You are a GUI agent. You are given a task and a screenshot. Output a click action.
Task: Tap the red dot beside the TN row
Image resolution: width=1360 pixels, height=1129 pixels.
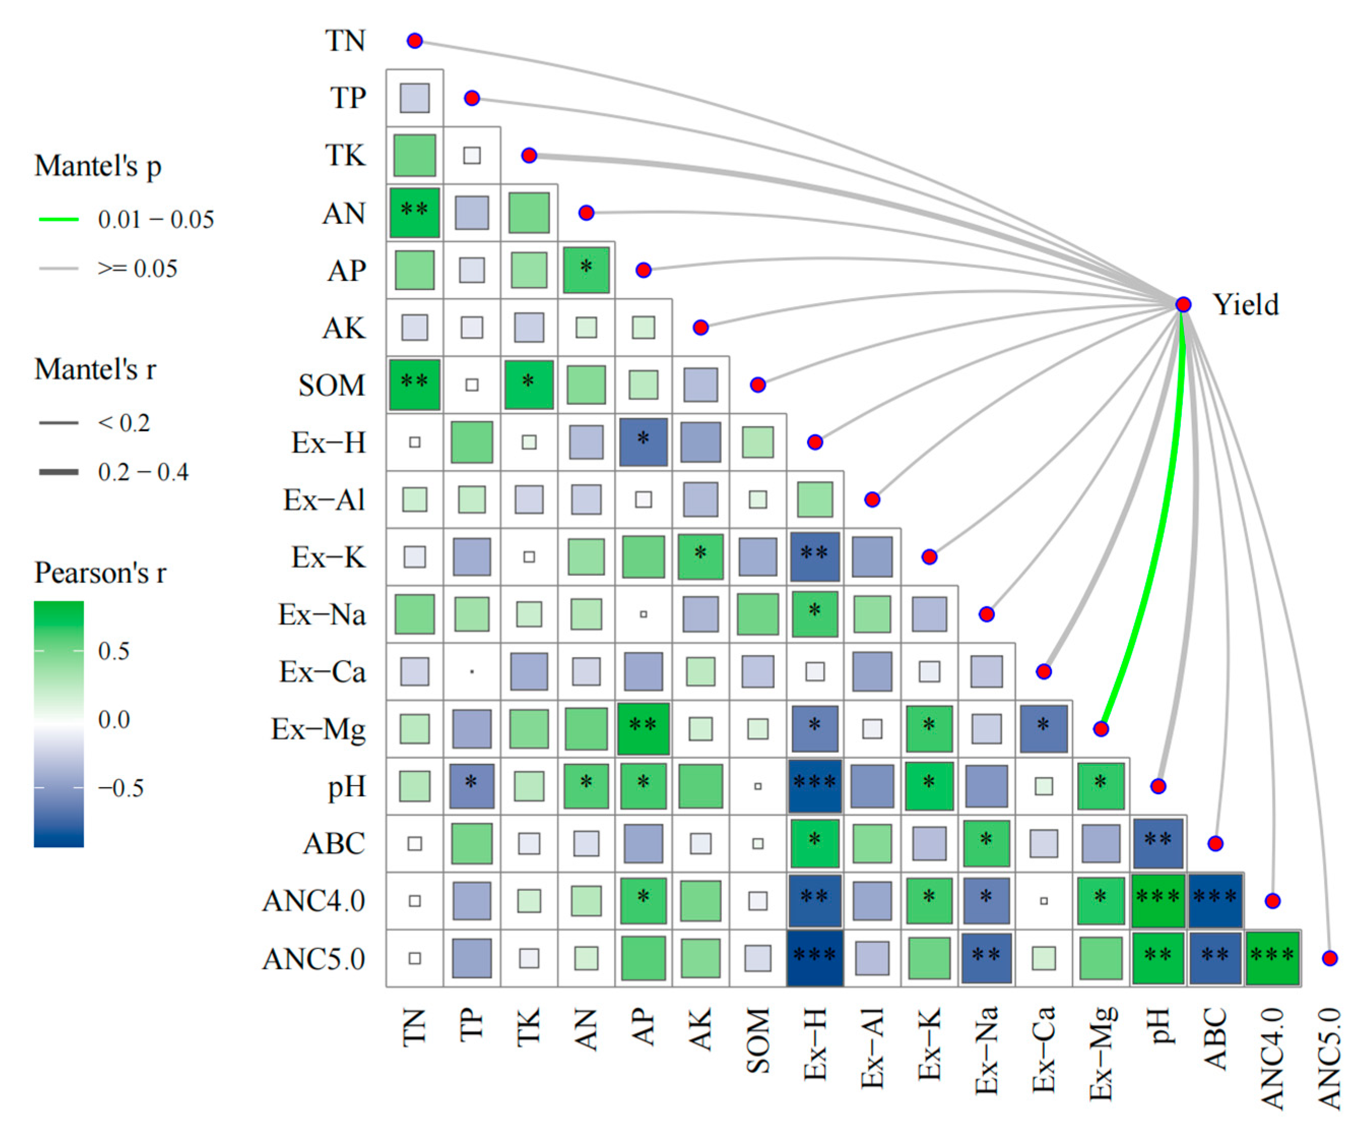414,41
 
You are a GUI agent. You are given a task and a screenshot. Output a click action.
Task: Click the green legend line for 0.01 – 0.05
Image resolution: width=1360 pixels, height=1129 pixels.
58,219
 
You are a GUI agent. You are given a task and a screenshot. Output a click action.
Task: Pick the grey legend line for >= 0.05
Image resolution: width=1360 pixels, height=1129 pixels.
58,268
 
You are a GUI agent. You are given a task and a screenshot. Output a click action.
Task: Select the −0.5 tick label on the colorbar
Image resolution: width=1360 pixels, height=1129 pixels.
120,788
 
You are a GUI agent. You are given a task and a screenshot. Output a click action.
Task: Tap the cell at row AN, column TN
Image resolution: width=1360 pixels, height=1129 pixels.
414,212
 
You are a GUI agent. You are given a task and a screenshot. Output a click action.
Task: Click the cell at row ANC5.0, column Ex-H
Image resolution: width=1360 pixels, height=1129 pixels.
815,958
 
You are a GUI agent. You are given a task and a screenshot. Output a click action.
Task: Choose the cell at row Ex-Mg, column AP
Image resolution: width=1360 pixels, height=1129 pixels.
643,729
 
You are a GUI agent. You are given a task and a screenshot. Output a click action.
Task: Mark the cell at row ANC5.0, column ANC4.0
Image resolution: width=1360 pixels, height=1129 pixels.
1272,958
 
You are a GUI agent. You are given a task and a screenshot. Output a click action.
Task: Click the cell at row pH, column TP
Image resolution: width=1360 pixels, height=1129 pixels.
472,786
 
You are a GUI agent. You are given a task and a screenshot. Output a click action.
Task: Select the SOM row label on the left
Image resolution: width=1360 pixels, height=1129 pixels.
331,385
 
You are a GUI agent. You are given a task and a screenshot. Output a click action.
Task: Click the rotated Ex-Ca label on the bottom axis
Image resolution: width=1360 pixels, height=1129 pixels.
1043,1049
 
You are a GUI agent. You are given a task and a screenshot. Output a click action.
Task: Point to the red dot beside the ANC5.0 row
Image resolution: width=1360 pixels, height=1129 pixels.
1330,958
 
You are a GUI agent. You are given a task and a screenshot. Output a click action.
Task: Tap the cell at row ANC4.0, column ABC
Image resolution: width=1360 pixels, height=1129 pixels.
1215,900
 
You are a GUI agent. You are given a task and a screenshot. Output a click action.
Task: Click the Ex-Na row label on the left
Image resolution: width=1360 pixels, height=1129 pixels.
322,615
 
